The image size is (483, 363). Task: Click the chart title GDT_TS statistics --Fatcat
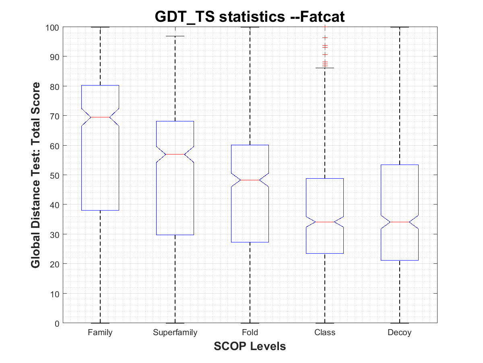(250, 17)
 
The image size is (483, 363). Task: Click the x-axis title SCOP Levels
(250, 346)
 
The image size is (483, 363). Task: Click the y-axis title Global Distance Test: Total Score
(35, 175)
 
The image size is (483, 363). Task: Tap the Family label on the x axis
(100, 333)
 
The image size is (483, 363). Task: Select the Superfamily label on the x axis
(175, 333)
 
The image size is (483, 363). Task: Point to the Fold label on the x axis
(250, 333)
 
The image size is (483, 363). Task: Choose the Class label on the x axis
(325, 333)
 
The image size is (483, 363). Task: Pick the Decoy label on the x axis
(400, 333)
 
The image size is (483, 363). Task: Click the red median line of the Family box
(100, 117)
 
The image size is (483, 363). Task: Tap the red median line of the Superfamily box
(175, 154)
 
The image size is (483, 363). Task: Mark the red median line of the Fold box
(250, 180)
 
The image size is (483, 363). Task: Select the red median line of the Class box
(325, 222)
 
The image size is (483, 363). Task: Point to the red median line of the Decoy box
(400, 222)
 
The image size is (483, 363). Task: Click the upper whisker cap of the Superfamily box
(175, 36)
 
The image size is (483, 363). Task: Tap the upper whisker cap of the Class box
(325, 68)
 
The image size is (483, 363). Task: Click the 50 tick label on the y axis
(55, 175)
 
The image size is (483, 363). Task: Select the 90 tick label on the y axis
(55, 56)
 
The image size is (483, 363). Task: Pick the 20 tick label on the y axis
(55, 264)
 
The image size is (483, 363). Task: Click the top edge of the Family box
(100, 85)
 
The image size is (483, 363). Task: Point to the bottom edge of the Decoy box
(400, 260)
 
